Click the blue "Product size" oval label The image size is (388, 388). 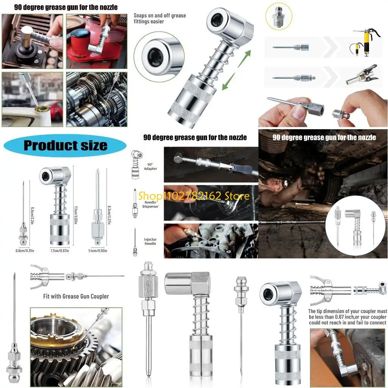tap(65, 145)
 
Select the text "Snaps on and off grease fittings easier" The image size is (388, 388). tap(160, 19)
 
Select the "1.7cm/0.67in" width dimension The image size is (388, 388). tap(59, 250)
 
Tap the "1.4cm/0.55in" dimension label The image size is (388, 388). tap(97, 250)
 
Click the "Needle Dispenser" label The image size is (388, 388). tap(150, 204)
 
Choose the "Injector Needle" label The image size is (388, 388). tap(150, 241)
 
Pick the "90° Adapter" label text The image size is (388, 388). tap(150, 167)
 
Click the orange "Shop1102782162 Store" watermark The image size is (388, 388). tap(194, 196)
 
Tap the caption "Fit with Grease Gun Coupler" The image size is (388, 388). tap(76, 296)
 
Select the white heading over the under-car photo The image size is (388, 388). tap(324, 137)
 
